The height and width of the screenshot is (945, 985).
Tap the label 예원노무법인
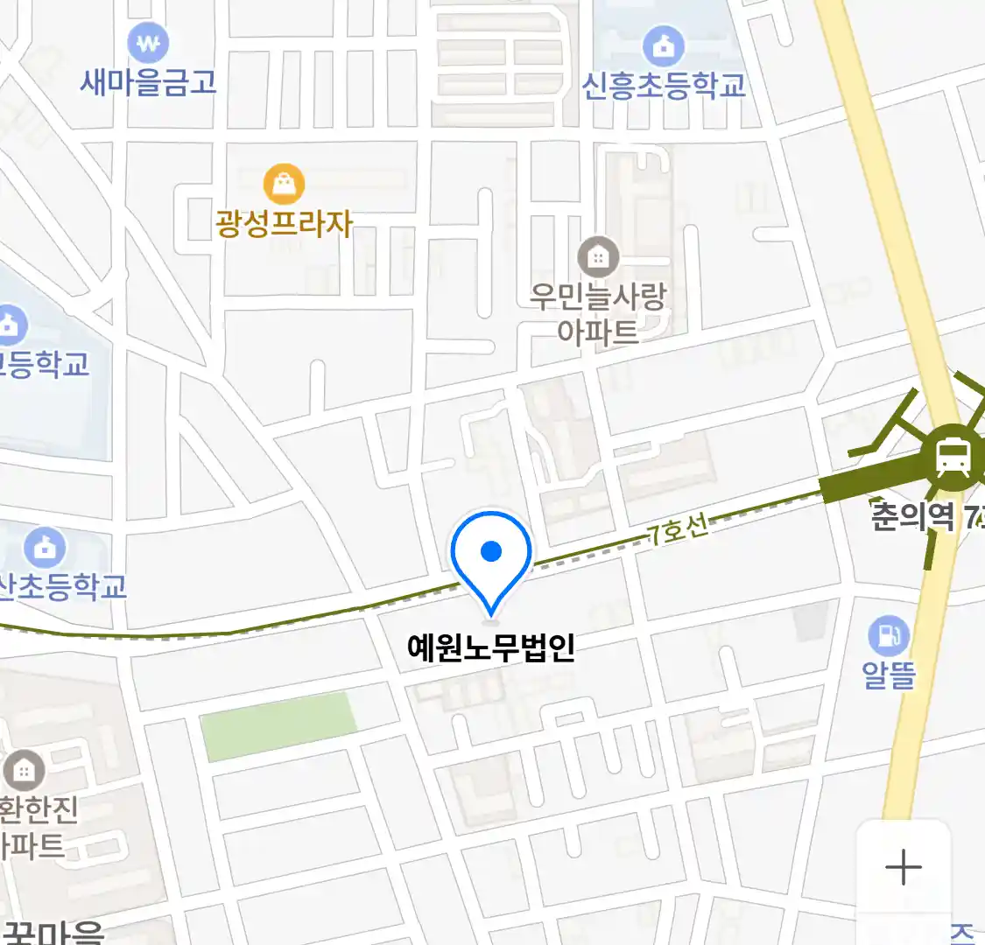tap(491, 647)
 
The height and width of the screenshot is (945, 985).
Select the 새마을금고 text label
tap(148, 82)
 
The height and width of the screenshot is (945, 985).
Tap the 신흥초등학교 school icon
tap(663, 45)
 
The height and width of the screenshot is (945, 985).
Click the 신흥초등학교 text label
tap(664, 85)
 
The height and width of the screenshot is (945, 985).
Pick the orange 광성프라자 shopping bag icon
tap(284, 185)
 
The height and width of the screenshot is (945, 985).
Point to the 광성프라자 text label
tap(284, 223)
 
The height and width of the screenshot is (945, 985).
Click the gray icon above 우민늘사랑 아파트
tap(598, 257)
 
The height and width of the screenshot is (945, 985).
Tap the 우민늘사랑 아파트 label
tap(598, 313)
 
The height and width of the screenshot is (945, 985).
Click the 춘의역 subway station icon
tap(952, 456)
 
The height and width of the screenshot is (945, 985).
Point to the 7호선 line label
tap(679, 529)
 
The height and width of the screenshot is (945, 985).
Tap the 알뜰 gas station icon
tap(889, 636)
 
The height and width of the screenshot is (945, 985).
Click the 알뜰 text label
tap(889, 675)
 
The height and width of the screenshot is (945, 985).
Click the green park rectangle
tap(279, 725)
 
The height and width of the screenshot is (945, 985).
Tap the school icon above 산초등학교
tap(45, 548)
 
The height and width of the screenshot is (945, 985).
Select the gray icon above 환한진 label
tap(24, 770)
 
